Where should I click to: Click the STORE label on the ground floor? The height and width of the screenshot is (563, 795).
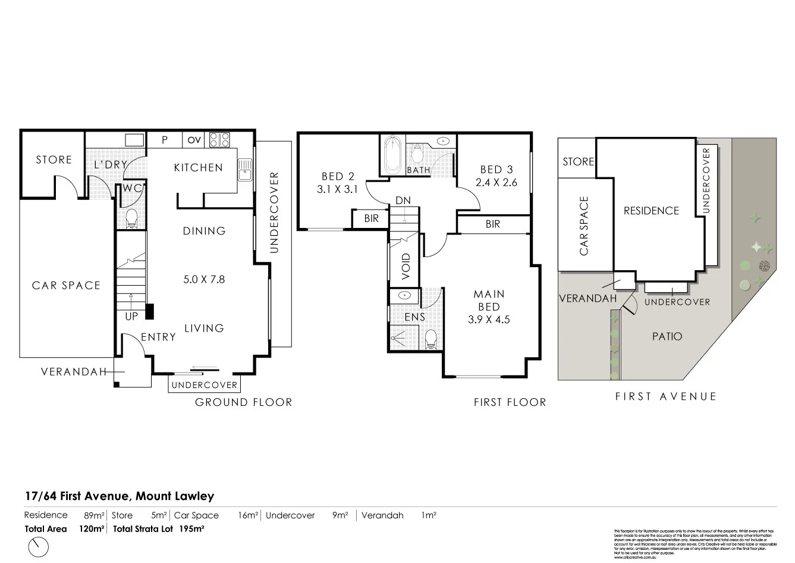coord(54,159)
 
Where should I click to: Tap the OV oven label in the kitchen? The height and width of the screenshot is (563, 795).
coord(194,140)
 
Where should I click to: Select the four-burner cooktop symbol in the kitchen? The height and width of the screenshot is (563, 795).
coord(220,140)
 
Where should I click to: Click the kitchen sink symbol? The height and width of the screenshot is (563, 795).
coord(244,170)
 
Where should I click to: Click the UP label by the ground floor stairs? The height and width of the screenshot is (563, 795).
coord(131,317)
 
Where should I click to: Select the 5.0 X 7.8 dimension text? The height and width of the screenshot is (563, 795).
coord(204,279)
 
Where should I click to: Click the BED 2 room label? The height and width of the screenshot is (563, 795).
coord(337,176)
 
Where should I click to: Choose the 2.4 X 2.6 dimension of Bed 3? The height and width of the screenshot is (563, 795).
coord(497,183)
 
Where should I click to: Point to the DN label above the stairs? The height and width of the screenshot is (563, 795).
coord(403,201)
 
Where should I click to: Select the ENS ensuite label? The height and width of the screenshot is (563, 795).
coord(414,317)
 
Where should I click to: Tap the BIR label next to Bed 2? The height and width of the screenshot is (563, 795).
coord(371,219)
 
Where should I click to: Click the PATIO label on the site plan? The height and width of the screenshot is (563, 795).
coord(667,336)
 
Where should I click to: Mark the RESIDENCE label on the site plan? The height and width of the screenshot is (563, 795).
coord(651,211)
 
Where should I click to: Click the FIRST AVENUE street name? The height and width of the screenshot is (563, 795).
coord(665,396)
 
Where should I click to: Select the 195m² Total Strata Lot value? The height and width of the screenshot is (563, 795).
coord(191,528)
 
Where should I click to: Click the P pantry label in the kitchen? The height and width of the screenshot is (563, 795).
coord(165,140)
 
